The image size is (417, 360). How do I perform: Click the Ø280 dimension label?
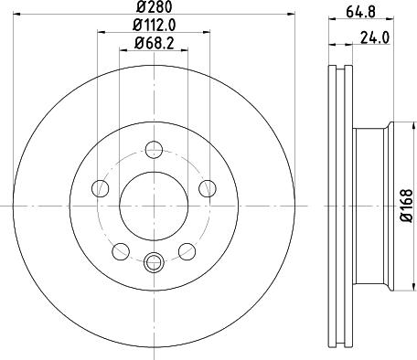[155, 6]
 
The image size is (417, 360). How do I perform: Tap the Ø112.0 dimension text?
[155, 26]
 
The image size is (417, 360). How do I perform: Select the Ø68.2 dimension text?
[155, 44]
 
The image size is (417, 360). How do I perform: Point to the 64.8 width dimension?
[360, 12]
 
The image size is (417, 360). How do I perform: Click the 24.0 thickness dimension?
[375, 37]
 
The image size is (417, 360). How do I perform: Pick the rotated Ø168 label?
[406, 205]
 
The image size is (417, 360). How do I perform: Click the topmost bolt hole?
[154, 150]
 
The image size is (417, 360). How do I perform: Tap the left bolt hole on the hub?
[100, 188]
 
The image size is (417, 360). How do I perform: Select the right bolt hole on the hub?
[208, 188]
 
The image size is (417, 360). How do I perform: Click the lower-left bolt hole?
[121, 251]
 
